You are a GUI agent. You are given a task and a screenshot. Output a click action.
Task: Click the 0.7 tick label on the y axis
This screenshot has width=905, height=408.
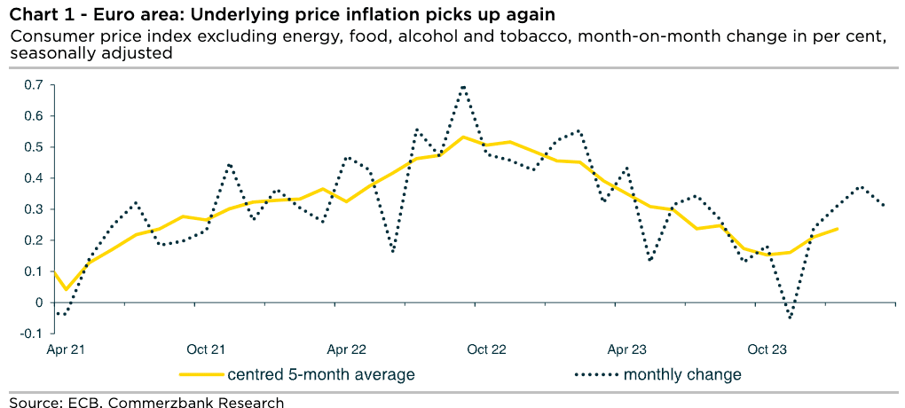(x=35, y=85)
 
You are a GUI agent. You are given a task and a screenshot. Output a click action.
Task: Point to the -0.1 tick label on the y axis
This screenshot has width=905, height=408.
(x=33, y=333)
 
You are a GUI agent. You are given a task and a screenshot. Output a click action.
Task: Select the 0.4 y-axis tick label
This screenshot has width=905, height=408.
(x=35, y=178)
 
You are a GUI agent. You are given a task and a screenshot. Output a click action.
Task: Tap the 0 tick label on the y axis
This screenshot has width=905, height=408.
(x=38, y=302)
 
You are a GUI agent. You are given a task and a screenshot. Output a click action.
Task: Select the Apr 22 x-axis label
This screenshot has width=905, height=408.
(x=347, y=349)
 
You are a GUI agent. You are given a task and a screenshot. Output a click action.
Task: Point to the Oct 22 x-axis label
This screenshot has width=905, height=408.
(x=487, y=349)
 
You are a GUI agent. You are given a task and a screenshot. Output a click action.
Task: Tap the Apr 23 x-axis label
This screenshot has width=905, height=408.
(x=626, y=349)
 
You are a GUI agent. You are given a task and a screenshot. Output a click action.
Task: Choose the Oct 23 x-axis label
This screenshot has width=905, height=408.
(x=766, y=349)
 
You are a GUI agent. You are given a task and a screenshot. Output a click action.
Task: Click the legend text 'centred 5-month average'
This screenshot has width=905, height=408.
(x=321, y=375)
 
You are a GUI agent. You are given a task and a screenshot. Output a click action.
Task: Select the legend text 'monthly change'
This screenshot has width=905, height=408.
(x=682, y=375)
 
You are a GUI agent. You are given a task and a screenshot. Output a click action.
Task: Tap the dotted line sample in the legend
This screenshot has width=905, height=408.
(x=595, y=375)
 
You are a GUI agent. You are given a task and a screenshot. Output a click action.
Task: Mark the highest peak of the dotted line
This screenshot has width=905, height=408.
(x=463, y=86)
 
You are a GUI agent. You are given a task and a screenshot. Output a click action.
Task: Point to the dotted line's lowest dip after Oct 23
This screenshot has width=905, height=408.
(x=789, y=318)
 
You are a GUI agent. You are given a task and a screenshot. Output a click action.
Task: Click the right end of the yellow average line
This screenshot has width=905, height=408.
(x=837, y=229)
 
